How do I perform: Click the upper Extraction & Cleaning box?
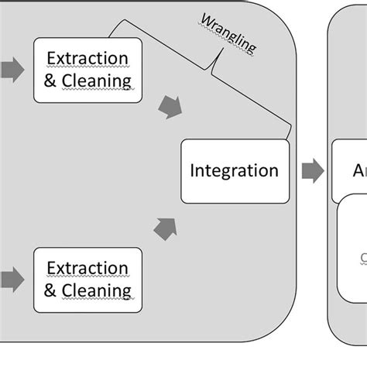coord(87,70)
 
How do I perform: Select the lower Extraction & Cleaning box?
coord(87,280)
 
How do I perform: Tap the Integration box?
coord(234,171)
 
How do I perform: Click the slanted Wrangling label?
coord(228,33)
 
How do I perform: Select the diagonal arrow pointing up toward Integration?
coord(166,228)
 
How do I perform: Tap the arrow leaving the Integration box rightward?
coord(312,171)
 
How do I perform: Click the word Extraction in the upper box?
coord(87,58)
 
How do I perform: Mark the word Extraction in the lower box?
coord(87,268)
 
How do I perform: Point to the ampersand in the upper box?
coord(51,81)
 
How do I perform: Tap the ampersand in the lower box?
coord(51,290)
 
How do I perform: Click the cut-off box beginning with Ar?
coord(350,171)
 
